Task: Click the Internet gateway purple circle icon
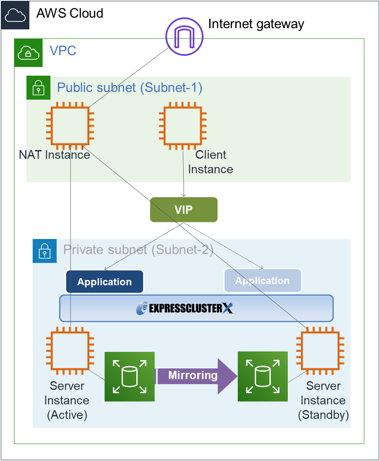185,36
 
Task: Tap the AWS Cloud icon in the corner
15,15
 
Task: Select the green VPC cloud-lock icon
29,53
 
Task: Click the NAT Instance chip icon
70,127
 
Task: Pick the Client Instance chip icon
183,127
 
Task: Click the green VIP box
184,210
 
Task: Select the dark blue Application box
105,282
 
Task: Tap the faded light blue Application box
263,281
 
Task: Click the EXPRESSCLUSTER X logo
185,308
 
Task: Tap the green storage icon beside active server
129,377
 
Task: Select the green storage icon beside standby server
263,377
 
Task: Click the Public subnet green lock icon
38,88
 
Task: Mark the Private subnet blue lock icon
45,251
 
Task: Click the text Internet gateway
256,24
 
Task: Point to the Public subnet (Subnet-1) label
129,88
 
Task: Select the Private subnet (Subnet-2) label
138,250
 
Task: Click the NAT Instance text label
55,155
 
